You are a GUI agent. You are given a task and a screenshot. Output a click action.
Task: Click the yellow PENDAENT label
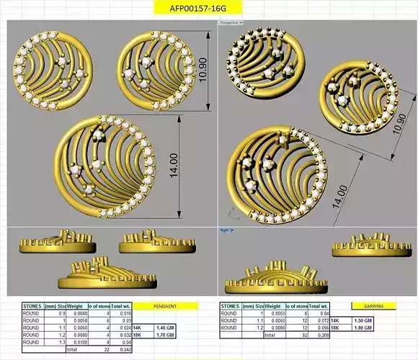(166, 306)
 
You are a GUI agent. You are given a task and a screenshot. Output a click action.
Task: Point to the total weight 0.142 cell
(121, 349)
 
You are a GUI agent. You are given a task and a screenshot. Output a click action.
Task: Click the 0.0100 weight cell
(78, 342)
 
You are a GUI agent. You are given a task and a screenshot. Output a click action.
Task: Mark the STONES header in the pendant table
(32, 306)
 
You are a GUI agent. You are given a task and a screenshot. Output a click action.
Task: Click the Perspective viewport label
(231, 22)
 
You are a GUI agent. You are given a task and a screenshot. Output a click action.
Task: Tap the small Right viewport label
(224, 230)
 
